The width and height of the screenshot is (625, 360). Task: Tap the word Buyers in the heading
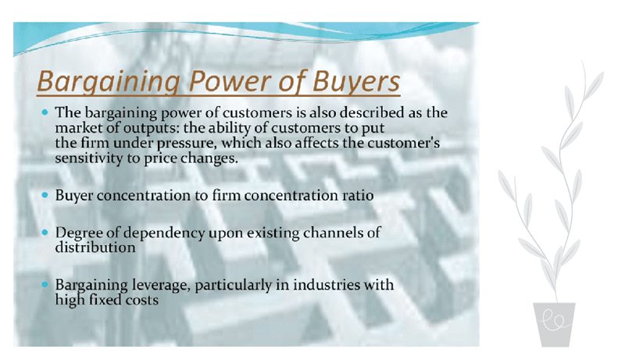355,81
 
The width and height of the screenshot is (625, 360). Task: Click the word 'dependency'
156,234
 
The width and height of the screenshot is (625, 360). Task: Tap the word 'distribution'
95,248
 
